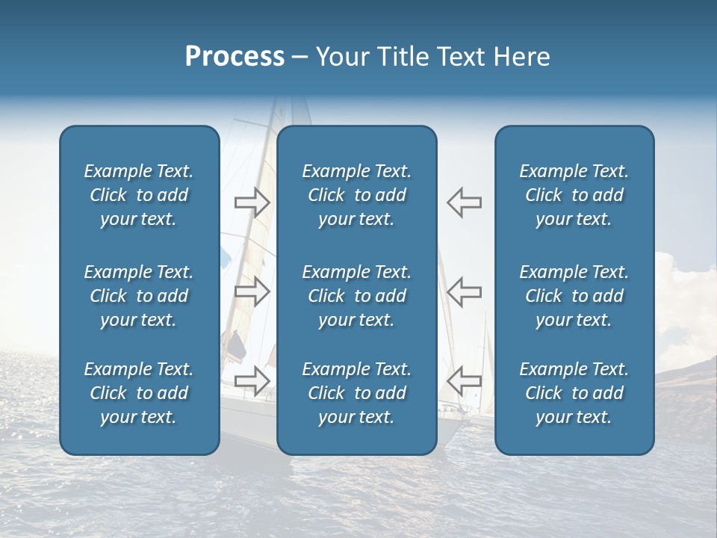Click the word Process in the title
coord(235,57)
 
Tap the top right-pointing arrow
coord(252,202)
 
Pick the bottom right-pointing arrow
coord(252,380)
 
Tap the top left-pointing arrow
coord(465,202)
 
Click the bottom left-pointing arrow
coord(465,380)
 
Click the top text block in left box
coord(139,195)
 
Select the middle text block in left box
coord(139,296)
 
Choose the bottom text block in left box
coord(139,393)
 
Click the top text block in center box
coord(356,195)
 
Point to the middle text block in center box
coord(356,296)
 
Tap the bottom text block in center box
coord(356,393)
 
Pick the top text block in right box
coord(574,195)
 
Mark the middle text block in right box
coord(574,296)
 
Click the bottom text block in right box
coord(574,393)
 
